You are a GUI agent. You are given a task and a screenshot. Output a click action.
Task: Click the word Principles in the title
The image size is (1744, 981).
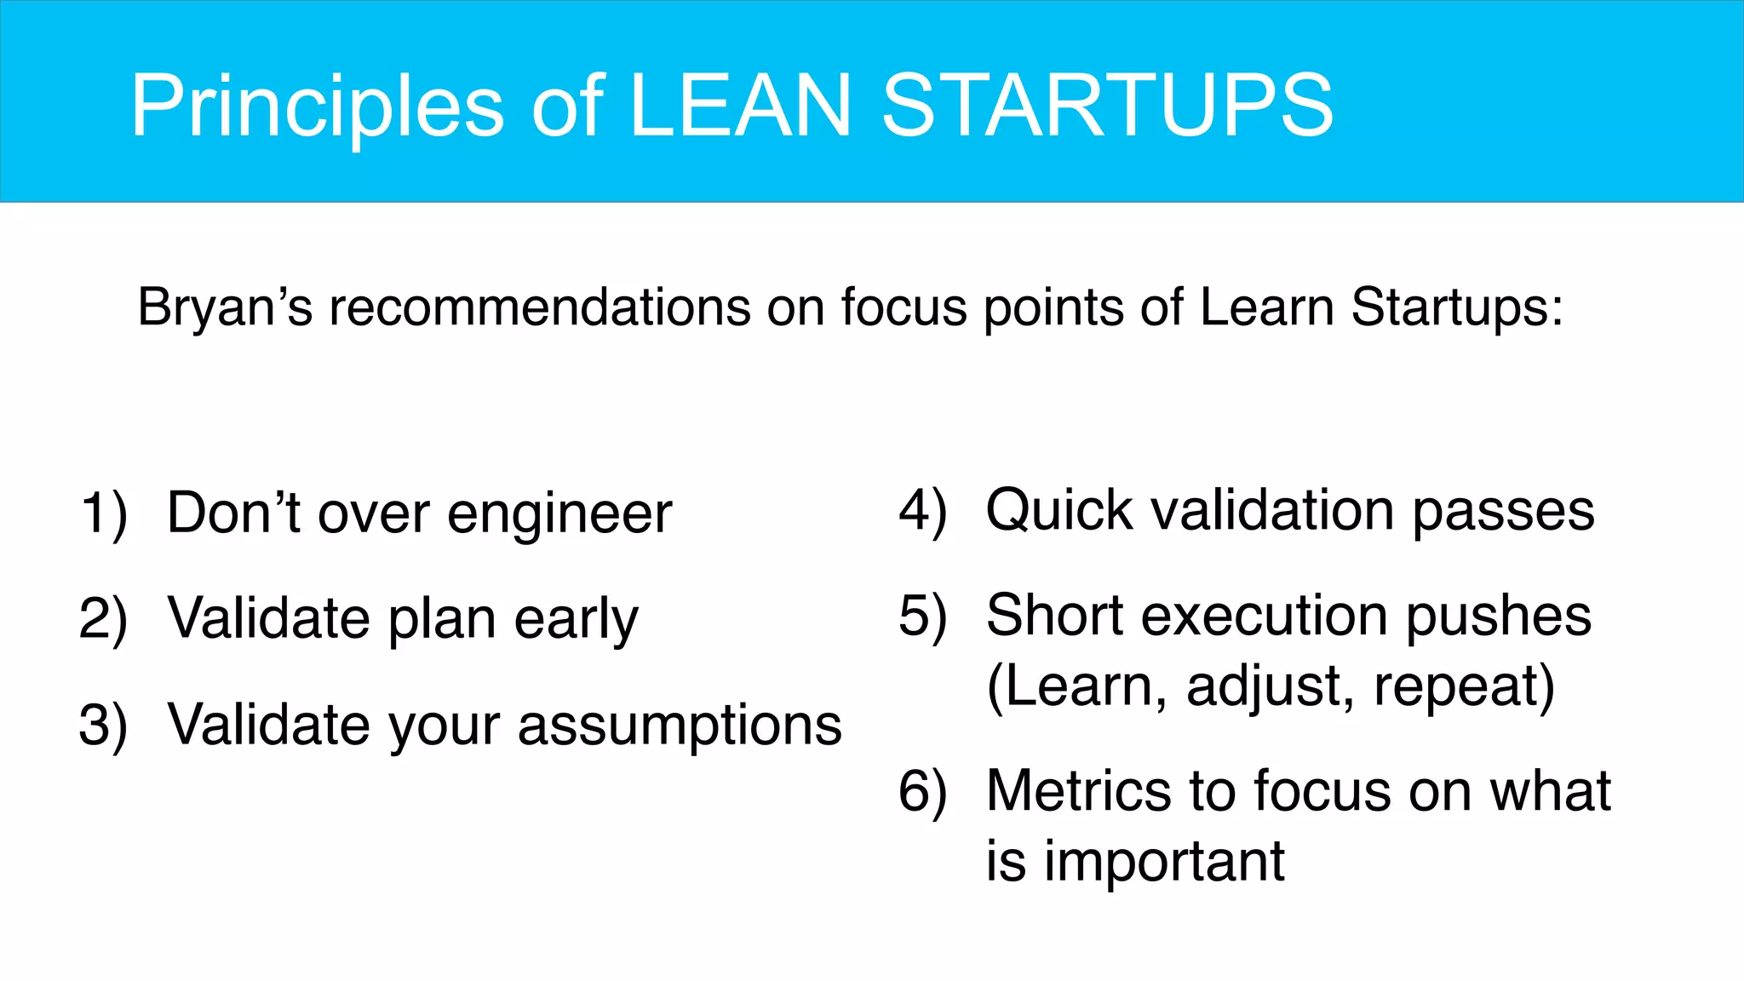click(x=317, y=106)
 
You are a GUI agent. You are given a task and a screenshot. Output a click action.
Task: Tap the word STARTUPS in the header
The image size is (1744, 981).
click(x=1107, y=106)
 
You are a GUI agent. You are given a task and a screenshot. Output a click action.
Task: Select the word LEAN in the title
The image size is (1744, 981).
click(x=739, y=106)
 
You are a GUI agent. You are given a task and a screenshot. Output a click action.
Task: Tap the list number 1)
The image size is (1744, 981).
click(x=104, y=514)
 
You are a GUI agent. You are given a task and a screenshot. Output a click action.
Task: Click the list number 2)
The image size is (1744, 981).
click(x=104, y=619)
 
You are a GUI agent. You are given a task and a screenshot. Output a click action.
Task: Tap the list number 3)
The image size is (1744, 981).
click(x=104, y=726)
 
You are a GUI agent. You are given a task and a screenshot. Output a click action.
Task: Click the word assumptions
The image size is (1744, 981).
click(x=680, y=726)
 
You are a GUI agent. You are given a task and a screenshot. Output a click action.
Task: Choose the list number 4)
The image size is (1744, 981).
click(x=923, y=511)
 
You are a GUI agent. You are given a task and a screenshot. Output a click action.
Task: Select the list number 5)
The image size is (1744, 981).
click(x=923, y=616)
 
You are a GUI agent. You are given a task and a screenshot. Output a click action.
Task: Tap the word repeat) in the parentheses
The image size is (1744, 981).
click(x=1464, y=687)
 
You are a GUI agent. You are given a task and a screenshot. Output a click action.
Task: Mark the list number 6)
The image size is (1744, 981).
click(x=923, y=792)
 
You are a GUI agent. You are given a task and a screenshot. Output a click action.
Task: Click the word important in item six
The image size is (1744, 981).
click(x=1164, y=862)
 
